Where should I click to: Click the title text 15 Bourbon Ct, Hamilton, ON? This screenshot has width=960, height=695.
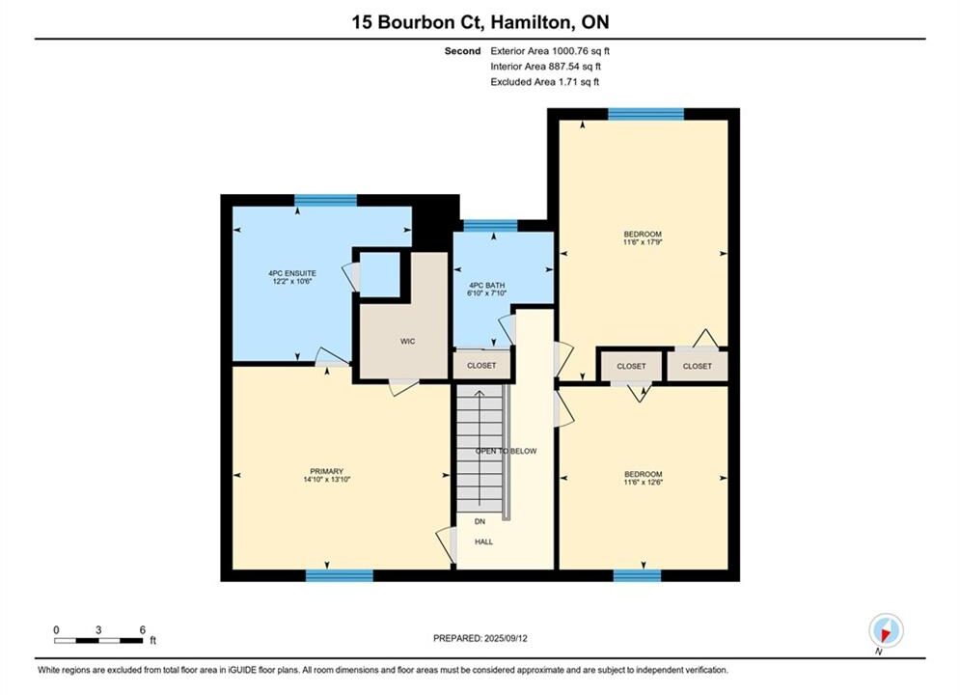480,22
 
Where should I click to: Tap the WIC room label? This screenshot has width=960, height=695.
408,341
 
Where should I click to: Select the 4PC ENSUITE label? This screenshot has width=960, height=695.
292,273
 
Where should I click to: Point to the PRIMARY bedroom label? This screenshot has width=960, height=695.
326,471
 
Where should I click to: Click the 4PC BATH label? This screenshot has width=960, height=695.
486,286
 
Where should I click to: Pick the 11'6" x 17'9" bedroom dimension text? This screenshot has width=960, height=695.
643,242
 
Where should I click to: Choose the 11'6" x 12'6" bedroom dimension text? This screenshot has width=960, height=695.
643,482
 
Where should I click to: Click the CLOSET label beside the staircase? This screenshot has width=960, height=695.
481,366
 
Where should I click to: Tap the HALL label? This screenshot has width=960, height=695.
483,542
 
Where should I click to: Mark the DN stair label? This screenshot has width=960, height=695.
480,521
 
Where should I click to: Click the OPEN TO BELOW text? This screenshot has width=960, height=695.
507,452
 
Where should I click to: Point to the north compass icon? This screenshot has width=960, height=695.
886,630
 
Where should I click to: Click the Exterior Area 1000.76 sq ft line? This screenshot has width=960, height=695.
550,51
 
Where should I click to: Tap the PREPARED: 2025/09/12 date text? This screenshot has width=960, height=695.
480,638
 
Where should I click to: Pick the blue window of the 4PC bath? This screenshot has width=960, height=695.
490,225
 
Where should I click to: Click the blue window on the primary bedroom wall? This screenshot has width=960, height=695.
340,575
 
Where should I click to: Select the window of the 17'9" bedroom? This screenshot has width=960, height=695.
645,114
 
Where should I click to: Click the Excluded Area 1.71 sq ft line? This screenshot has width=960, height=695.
545,82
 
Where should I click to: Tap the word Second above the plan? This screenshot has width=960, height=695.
463,51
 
